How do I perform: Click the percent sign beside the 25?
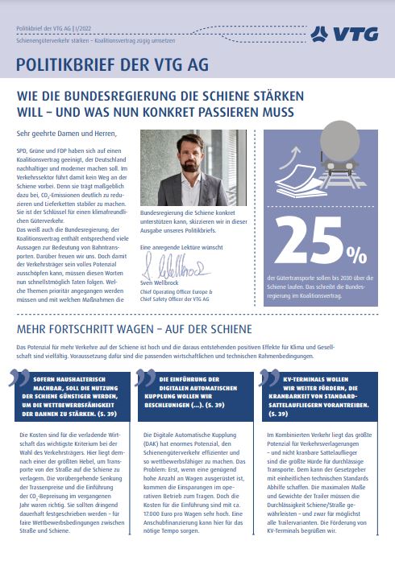(355, 253)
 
